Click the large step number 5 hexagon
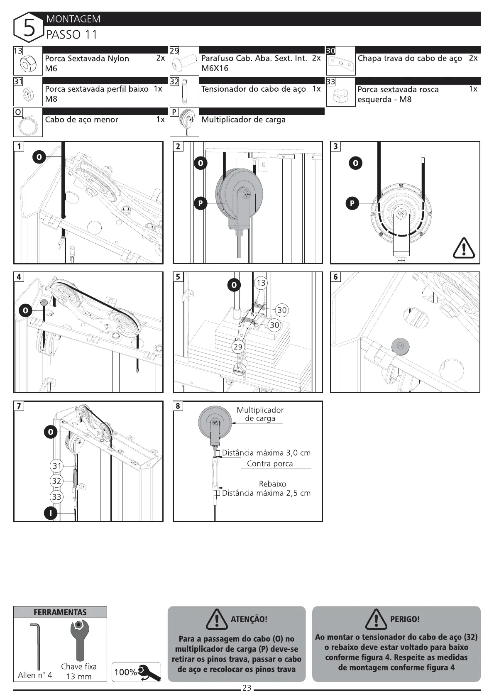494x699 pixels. point(29,27)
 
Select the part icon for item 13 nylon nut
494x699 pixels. point(28,63)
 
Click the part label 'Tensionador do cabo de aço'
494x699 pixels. point(253,89)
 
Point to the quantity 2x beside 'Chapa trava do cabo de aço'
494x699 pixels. point(473,58)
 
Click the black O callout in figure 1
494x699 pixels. point(39,157)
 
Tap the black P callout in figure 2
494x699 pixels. point(200,203)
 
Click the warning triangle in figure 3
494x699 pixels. point(463,249)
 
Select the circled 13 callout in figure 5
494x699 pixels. point(261,283)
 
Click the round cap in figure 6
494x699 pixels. point(400,345)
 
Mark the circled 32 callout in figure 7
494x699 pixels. point(57,481)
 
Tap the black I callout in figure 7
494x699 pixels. point(50,513)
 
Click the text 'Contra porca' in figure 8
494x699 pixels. point(270,464)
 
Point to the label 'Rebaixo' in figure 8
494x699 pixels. point(272,484)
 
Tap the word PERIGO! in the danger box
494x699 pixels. point(405,619)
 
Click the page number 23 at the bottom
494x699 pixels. point(247,688)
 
